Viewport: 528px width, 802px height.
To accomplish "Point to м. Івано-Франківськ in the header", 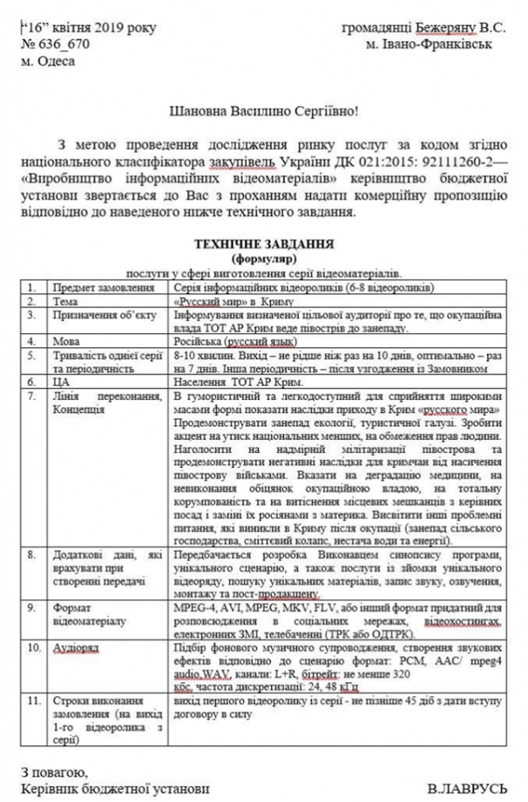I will tap(430, 43).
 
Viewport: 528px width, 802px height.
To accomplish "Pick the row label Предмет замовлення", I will tap(99, 286).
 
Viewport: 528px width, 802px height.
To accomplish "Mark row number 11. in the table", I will tap(32, 702).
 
